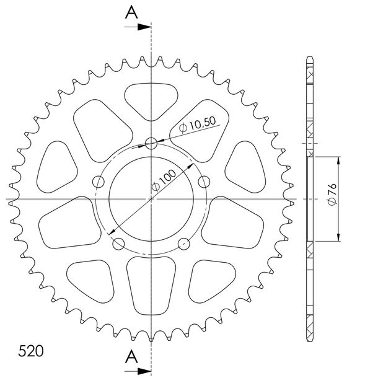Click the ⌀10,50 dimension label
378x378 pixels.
198,125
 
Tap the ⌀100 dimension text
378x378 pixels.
164,180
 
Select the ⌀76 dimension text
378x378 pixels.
332,195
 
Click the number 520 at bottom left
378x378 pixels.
31,351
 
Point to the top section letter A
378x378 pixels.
131,12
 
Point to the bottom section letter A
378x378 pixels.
131,357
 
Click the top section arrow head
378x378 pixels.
144,27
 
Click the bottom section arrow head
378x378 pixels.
144,371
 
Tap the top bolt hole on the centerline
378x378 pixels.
151,143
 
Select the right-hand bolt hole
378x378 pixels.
204,182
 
